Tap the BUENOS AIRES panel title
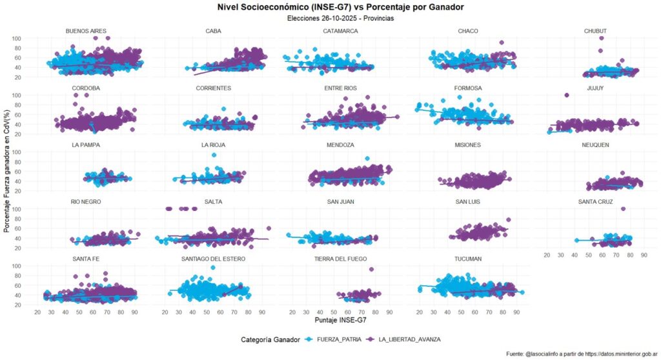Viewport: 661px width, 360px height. [86, 31]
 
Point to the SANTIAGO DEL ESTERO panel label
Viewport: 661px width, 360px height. [213, 259]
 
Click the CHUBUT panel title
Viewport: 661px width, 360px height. [595, 31]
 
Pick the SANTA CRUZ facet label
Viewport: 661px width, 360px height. [595, 202]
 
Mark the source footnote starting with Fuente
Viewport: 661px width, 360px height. [581, 354]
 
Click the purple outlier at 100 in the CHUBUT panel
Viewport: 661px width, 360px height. [602, 38]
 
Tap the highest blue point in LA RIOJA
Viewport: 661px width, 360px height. [214, 155]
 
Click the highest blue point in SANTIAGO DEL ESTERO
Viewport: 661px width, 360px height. [213, 268]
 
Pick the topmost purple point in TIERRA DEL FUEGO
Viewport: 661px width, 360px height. [371, 270]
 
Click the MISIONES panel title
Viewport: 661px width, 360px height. [467, 145]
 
